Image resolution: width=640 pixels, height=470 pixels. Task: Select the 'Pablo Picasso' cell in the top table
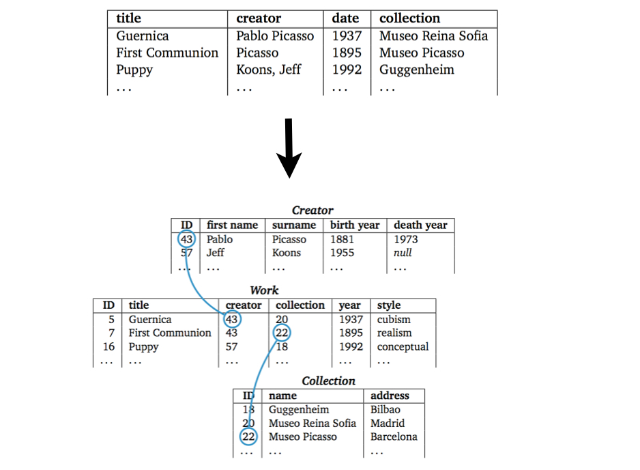tap(275, 36)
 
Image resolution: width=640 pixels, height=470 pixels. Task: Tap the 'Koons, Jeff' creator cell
tap(268, 70)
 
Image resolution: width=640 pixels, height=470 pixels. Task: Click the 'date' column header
tap(346, 18)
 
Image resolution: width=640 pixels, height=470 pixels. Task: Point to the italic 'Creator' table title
tap(312, 210)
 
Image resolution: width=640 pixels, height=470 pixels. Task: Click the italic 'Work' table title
tap(264, 290)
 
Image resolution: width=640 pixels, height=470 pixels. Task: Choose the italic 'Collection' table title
tap(329, 381)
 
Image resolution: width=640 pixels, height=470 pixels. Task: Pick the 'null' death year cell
tap(403, 253)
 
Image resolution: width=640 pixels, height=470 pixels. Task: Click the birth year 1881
tap(343, 239)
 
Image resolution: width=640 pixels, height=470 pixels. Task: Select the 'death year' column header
tap(420, 225)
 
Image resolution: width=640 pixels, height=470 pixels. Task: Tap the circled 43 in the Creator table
tap(186, 239)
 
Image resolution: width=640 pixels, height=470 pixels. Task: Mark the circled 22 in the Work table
tap(282, 333)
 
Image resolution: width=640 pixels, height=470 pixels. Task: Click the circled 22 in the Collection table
tap(248, 437)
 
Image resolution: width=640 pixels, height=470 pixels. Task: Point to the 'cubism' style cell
tap(394, 319)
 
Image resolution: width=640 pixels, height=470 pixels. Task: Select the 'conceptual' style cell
tap(403, 346)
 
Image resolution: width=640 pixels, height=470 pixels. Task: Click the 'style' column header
tap(389, 305)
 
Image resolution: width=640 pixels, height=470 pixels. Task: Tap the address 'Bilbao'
tap(386, 409)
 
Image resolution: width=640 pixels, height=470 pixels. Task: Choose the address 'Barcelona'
tap(394, 437)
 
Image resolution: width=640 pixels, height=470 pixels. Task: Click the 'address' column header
tap(390, 396)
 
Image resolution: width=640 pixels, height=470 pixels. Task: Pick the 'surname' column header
tap(294, 225)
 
